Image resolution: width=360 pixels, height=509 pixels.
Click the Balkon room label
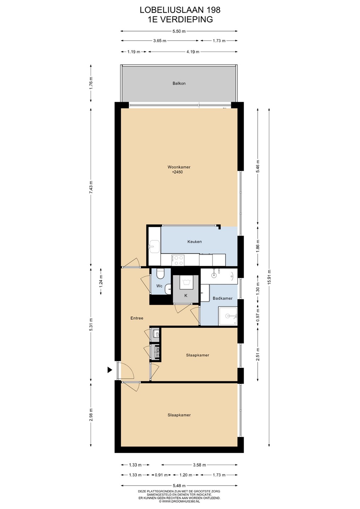click(179, 83)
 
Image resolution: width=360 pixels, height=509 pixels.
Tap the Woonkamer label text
click(179, 167)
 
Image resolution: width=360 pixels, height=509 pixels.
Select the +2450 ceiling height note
click(177, 172)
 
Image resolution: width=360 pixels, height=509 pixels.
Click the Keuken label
click(194, 241)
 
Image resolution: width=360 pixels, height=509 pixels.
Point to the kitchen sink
click(154, 247)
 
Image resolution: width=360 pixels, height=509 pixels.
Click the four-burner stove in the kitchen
click(178, 260)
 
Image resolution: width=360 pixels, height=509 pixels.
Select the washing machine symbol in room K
click(187, 282)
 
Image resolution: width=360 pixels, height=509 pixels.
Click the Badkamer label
click(222, 298)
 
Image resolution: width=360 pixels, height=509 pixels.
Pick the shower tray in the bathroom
click(228, 316)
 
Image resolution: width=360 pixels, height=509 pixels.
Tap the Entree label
click(137, 318)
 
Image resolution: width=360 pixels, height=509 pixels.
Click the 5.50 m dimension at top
click(179, 31)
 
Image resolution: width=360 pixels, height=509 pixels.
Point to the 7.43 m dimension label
click(91, 187)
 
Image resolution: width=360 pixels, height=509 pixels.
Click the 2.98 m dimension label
click(91, 414)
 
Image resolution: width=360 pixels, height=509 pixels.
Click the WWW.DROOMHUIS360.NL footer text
click(181, 501)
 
